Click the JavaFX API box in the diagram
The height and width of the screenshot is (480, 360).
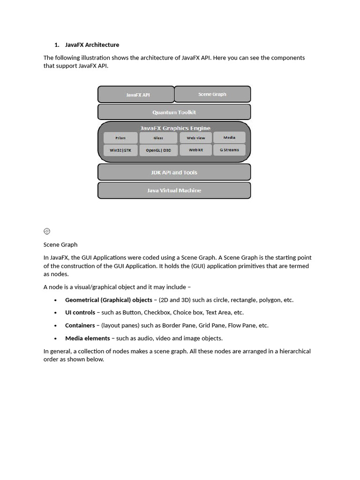click(x=136, y=95)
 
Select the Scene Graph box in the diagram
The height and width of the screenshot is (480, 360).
click(x=212, y=94)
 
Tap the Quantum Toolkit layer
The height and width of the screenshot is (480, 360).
click(x=174, y=112)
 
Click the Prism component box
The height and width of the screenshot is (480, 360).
click(x=120, y=138)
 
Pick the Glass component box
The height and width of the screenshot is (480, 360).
click(x=158, y=138)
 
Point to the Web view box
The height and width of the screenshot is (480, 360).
click(x=196, y=138)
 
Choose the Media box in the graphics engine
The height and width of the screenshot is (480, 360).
click(x=229, y=138)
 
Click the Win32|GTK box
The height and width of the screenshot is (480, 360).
click(x=120, y=150)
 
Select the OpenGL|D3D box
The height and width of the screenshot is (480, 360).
click(x=158, y=150)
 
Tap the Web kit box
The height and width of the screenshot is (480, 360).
click(x=196, y=150)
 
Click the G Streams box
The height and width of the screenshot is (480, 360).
click(x=229, y=150)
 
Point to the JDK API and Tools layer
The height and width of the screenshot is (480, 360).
click(x=174, y=172)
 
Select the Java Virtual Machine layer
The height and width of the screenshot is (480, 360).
click(x=174, y=190)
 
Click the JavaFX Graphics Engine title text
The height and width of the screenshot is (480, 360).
click(x=175, y=128)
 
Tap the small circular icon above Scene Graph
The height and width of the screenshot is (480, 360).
click(x=47, y=231)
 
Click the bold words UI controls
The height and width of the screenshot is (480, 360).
click(x=80, y=313)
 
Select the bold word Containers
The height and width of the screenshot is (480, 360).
click(x=80, y=325)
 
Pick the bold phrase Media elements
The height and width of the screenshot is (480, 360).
click(x=88, y=338)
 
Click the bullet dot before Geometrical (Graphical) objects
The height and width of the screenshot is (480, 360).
click(x=56, y=300)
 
